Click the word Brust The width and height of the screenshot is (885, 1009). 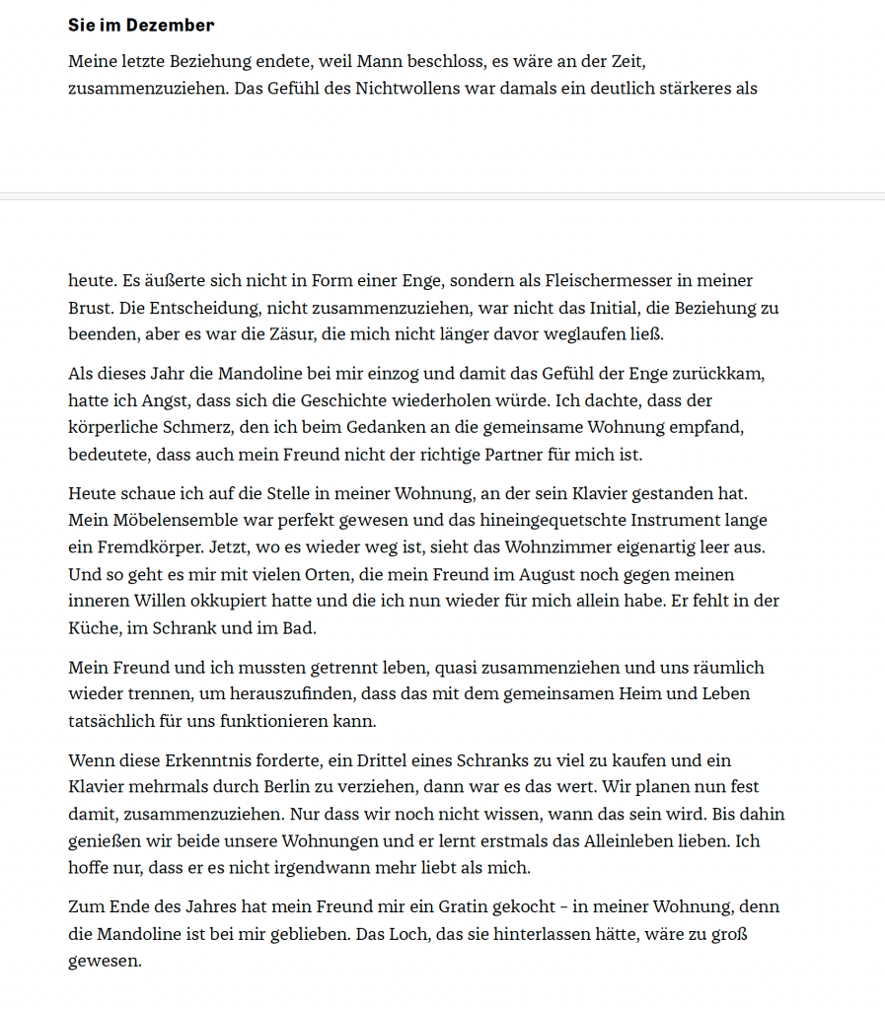pyautogui.click(x=90, y=308)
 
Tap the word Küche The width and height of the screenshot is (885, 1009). pyautogui.click(x=92, y=626)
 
